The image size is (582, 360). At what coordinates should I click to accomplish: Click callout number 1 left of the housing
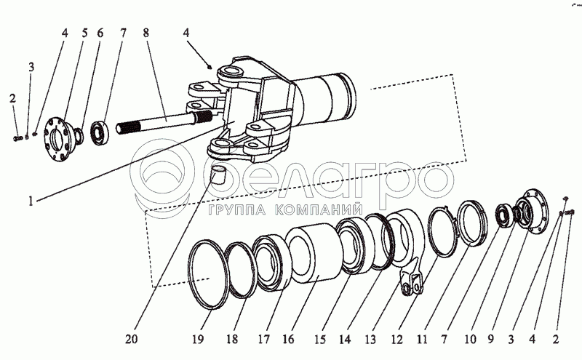pyautogui.click(x=31, y=201)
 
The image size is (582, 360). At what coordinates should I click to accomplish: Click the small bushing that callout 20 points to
pyautogui.click(x=216, y=174)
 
